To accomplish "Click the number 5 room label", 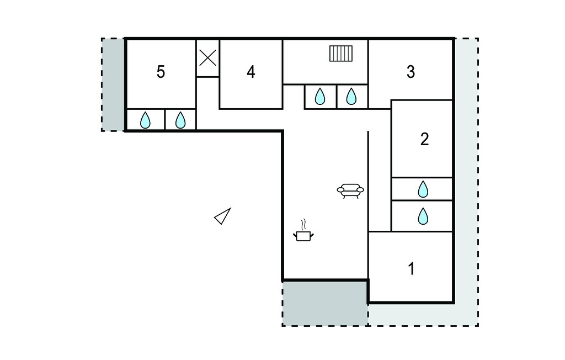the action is [161, 72].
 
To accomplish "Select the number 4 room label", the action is [251, 72].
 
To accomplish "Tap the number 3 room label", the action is [411, 72].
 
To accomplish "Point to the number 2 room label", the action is [424, 139].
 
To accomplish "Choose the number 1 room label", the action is [411, 269].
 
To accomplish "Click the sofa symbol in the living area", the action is [350, 191].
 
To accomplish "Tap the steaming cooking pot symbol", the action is [303, 236].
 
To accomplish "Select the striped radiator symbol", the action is [341, 54].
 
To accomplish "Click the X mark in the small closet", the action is [208, 58].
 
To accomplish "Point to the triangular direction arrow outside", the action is [223, 216].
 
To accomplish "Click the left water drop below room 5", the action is [145, 120].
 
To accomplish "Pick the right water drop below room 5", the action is [180, 120].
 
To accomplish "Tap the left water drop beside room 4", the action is [320, 96].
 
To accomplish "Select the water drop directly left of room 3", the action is [351, 96].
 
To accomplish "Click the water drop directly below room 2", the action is [423, 189].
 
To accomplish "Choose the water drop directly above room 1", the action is [423, 216].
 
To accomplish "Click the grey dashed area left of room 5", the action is [113, 84].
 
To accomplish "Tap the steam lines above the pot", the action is [305, 224].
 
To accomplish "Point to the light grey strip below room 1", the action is [423, 315].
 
